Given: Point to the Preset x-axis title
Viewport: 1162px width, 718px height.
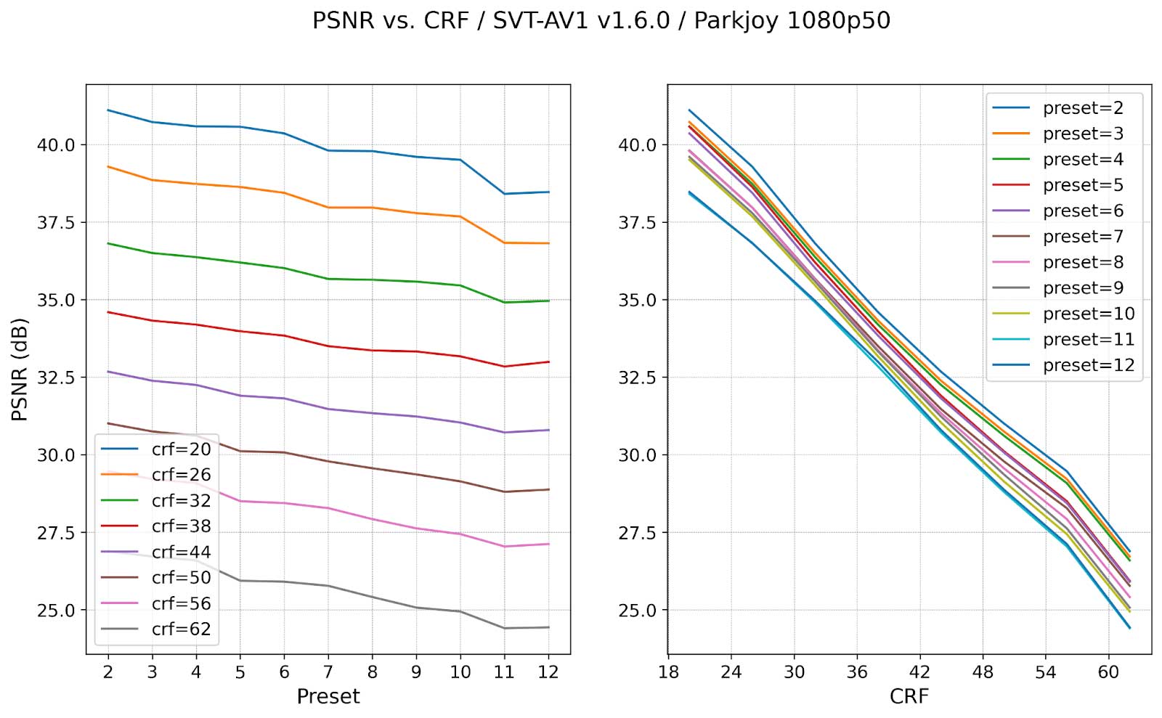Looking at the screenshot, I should (x=328, y=696).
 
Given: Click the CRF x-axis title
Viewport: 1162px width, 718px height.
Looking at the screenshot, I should (x=909, y=696).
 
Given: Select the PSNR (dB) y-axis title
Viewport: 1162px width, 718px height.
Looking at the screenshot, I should (x=20, y=369).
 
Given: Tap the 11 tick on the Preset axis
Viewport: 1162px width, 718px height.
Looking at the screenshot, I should (x=504, y=672).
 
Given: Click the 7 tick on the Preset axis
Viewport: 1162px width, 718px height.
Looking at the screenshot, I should (x=328, y=672).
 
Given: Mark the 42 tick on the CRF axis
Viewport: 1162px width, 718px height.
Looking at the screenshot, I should (x=919, y=672).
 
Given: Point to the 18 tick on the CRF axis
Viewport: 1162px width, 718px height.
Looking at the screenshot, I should (x=668, y=672).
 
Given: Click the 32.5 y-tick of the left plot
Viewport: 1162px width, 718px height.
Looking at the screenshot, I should (x=56, y=378).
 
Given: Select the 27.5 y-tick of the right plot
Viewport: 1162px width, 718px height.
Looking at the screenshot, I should (x=637, y=533).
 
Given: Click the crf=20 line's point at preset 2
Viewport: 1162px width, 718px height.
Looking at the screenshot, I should (x=108, y=110).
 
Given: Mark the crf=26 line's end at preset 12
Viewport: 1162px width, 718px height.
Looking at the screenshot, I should (x=548, y=243).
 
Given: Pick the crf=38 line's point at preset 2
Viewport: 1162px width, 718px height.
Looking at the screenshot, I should (x=108, y=312).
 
